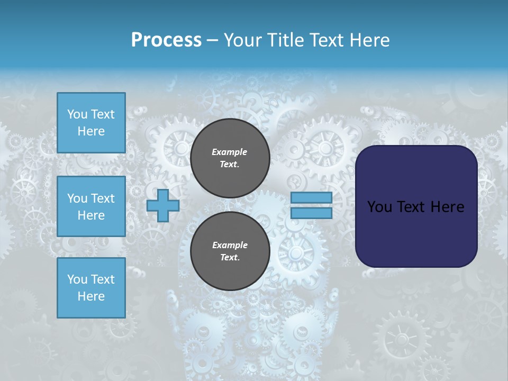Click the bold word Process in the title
click(x=166, y=40)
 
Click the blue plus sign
click(x=162, y=205)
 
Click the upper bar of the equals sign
click(x=311, y=197)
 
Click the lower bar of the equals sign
click(x=311, y=213)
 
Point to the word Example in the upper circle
click(x=229, y=152)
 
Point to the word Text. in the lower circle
click(x=229, y=258)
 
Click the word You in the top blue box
click(x=77, y=114)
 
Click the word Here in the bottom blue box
click(x=91, y=296)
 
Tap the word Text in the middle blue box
click(x=102, y=198)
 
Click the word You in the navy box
click(x=379, y=206)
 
